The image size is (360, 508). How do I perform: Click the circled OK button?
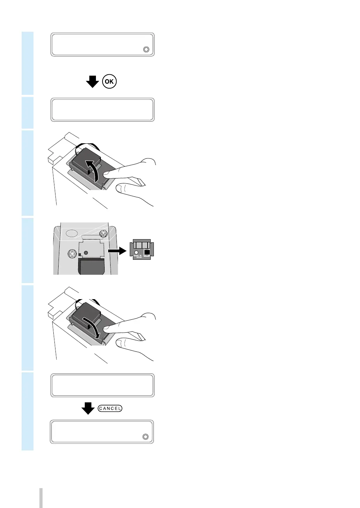109,82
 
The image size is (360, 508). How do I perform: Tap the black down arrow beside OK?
92,82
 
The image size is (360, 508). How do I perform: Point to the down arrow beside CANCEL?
88,408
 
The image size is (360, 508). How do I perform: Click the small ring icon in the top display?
146,49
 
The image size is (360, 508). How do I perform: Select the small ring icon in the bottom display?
145,437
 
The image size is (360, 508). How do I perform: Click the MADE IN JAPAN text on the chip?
138,256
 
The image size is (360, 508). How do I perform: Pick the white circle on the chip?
136,252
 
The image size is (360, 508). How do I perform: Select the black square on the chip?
147,251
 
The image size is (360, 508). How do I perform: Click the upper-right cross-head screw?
103,233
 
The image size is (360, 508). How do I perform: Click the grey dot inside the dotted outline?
86,252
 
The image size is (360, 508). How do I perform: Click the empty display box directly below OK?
103,110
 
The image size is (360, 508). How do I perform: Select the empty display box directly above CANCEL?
103,385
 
